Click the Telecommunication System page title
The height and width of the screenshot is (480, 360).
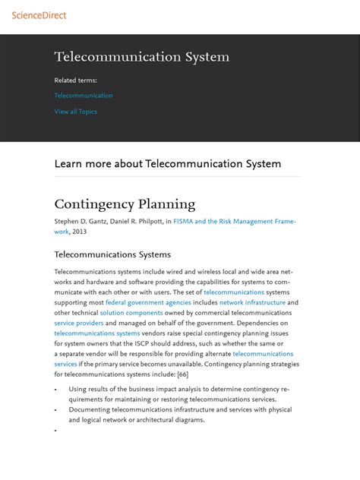point(142,58)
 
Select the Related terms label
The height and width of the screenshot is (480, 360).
point(76,80)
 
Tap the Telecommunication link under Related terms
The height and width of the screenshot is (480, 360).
point(84,96)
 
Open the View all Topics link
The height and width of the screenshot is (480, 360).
point(76,112)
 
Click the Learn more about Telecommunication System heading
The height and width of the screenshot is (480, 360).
point(168,164)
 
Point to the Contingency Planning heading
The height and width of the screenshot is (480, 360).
point(125,204)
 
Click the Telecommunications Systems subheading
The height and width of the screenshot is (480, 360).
point(112,254)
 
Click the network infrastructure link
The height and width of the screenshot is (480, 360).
point(252,302)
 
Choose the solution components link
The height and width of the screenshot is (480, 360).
point(131,313)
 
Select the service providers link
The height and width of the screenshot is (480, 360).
point(79,323)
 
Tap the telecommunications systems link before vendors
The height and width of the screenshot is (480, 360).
point(97,333)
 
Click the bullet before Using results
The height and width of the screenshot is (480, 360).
point(56,389)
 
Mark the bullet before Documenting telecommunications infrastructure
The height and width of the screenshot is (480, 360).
point(56,409)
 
